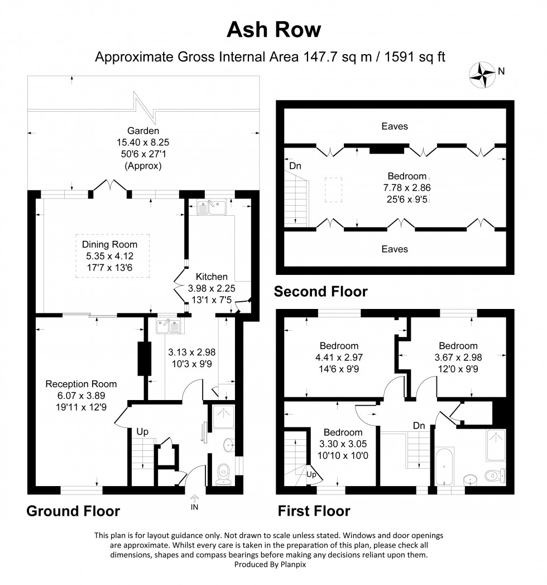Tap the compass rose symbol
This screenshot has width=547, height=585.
[x=482, y=74]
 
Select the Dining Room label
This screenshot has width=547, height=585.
[x=109, y=244]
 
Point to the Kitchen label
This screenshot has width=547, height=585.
[x=212, y=277]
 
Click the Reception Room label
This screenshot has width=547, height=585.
[x=81, y=384]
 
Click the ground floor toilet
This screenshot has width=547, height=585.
[x=225, y=473]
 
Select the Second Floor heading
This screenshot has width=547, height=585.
[x=320, y=291]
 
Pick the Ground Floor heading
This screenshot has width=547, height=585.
[x=73, y=511]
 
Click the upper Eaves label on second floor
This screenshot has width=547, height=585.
[x=394, y=126]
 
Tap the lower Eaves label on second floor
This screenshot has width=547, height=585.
[x=394, y=249]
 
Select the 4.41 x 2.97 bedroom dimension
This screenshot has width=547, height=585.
[x=339, y=358]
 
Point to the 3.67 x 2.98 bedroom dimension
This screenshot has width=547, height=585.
[x=458, y=358]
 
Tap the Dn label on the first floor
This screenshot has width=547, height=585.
[x=419, y=426]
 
